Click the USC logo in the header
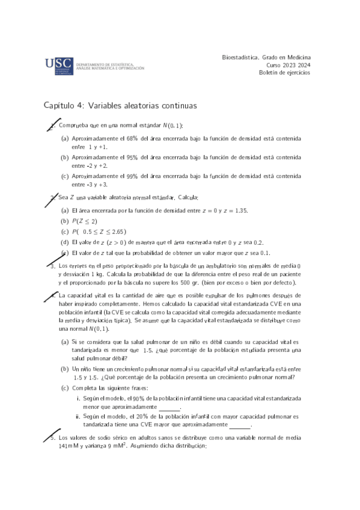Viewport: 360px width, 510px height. pyautogui.click(x=59, y=65)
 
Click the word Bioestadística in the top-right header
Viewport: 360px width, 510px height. pyautogui.click(x=243, y=57)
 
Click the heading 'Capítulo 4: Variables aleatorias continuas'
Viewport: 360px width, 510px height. pyautogui.click(x=120, y=105)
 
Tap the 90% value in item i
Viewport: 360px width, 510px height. pyautogui.click(x=138, y=399)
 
